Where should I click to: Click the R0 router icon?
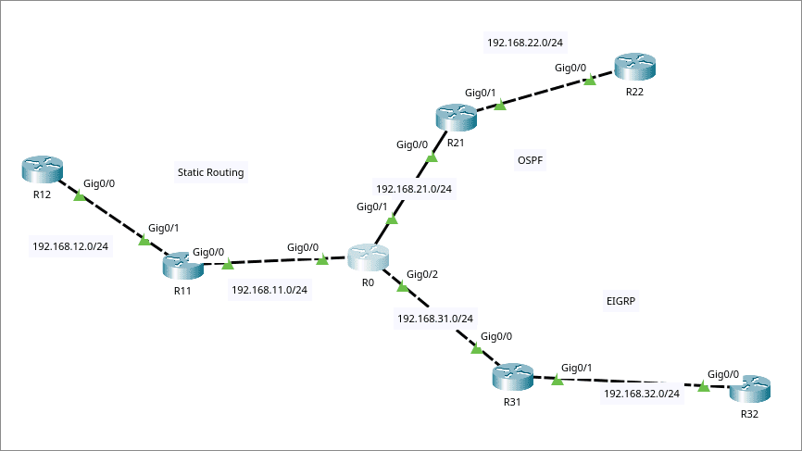[x=368, y=257]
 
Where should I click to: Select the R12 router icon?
[x=42, y=170]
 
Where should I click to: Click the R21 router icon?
[x=455, y=118]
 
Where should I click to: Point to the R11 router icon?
[x=182, y=266]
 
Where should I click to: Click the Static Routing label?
[x=210, y=171]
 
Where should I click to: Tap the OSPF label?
[x=530, y=161]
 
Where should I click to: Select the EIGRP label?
[x=622, y=301]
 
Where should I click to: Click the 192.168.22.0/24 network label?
[x=524, y=42]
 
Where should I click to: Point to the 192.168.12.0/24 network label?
[x=70, y=246]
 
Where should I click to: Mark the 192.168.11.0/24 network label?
[x=269, y=290]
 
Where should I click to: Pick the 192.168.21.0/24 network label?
[x=414, y=188]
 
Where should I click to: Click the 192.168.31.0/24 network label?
[x=435, y=319]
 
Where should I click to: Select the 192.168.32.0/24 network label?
[x=642, y=394]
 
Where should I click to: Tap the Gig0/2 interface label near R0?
[x=422, y=274]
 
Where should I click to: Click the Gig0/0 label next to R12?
[x=99, y=183]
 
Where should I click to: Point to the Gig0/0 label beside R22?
[x=570, y=68]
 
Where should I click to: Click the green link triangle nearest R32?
[x=704, y=387]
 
